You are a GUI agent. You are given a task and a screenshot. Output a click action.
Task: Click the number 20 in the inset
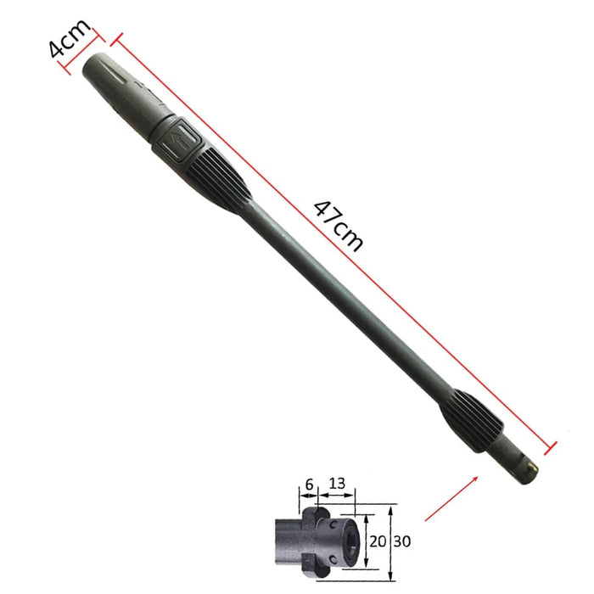click(378, 541)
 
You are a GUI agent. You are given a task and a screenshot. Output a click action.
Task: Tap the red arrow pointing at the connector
click(448, 498)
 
